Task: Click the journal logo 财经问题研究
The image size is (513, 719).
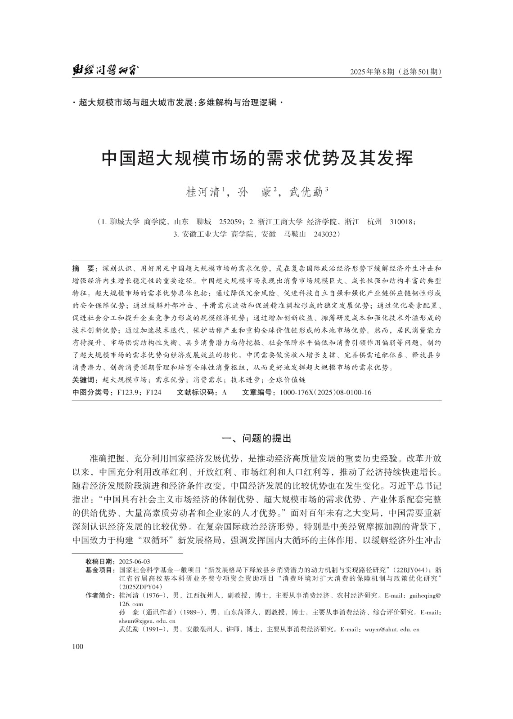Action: [105, 71]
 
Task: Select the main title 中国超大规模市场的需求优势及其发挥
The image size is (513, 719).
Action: [256, 159]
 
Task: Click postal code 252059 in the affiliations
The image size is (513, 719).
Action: [231, 222]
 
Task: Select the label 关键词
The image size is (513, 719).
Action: [85, 380]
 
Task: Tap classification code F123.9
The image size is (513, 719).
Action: [127, 392]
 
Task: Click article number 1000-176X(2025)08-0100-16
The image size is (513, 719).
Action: [325, 392]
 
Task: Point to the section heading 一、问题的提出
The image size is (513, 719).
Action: [257, 438]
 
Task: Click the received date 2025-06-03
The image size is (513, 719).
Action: [134, 562]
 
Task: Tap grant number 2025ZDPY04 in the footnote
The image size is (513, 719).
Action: [139, 587]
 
